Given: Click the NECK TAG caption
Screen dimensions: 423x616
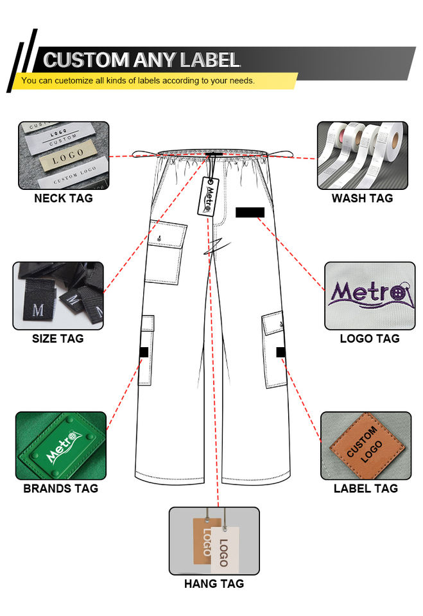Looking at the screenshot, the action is (63, 198).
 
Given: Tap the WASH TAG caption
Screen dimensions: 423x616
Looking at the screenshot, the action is (362, 198).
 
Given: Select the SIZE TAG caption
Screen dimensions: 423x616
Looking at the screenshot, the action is (58, 338).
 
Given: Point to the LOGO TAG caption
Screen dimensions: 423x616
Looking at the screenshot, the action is (370, 338).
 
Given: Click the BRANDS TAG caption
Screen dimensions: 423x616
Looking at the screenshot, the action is (60, 488).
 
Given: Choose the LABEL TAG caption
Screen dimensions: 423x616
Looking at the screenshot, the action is (366, 488).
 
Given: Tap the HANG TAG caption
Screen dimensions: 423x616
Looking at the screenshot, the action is (214, 584).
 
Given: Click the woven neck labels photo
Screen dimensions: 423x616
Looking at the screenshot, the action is (63, 155).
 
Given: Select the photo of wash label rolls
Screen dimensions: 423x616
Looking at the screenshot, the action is (362, 155).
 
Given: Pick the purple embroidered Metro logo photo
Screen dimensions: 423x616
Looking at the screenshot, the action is (369, 295).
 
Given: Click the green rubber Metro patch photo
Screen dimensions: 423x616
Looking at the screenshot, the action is (60, 446).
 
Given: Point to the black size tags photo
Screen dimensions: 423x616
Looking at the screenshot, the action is (58, 295).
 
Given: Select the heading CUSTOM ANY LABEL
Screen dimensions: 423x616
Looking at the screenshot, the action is (142, 60).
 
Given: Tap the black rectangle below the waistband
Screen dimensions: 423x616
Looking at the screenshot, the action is (250, 212).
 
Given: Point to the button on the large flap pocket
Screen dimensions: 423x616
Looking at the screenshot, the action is (159, 240).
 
